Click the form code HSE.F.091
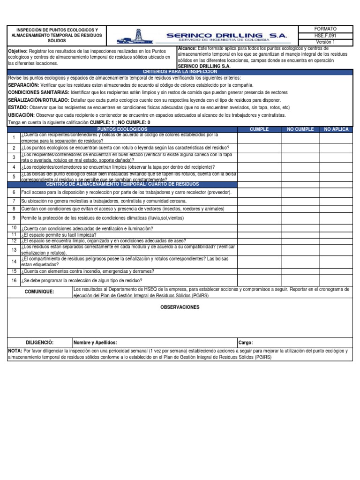point(325,36)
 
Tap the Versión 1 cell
point(325,42)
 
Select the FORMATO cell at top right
point(325,29)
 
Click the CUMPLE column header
point(259,129)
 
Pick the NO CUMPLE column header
point(300,129)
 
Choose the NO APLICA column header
point(336,129)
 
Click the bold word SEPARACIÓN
point(24,85)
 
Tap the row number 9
point(14,218)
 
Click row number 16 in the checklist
point(14,280)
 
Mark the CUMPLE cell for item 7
point(259,201)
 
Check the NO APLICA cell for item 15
point(336,271)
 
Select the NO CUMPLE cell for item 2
point(300,148)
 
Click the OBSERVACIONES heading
point(180,307)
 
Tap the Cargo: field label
point(246,343)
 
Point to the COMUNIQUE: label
point(39,292)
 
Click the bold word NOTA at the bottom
point(15,351)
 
